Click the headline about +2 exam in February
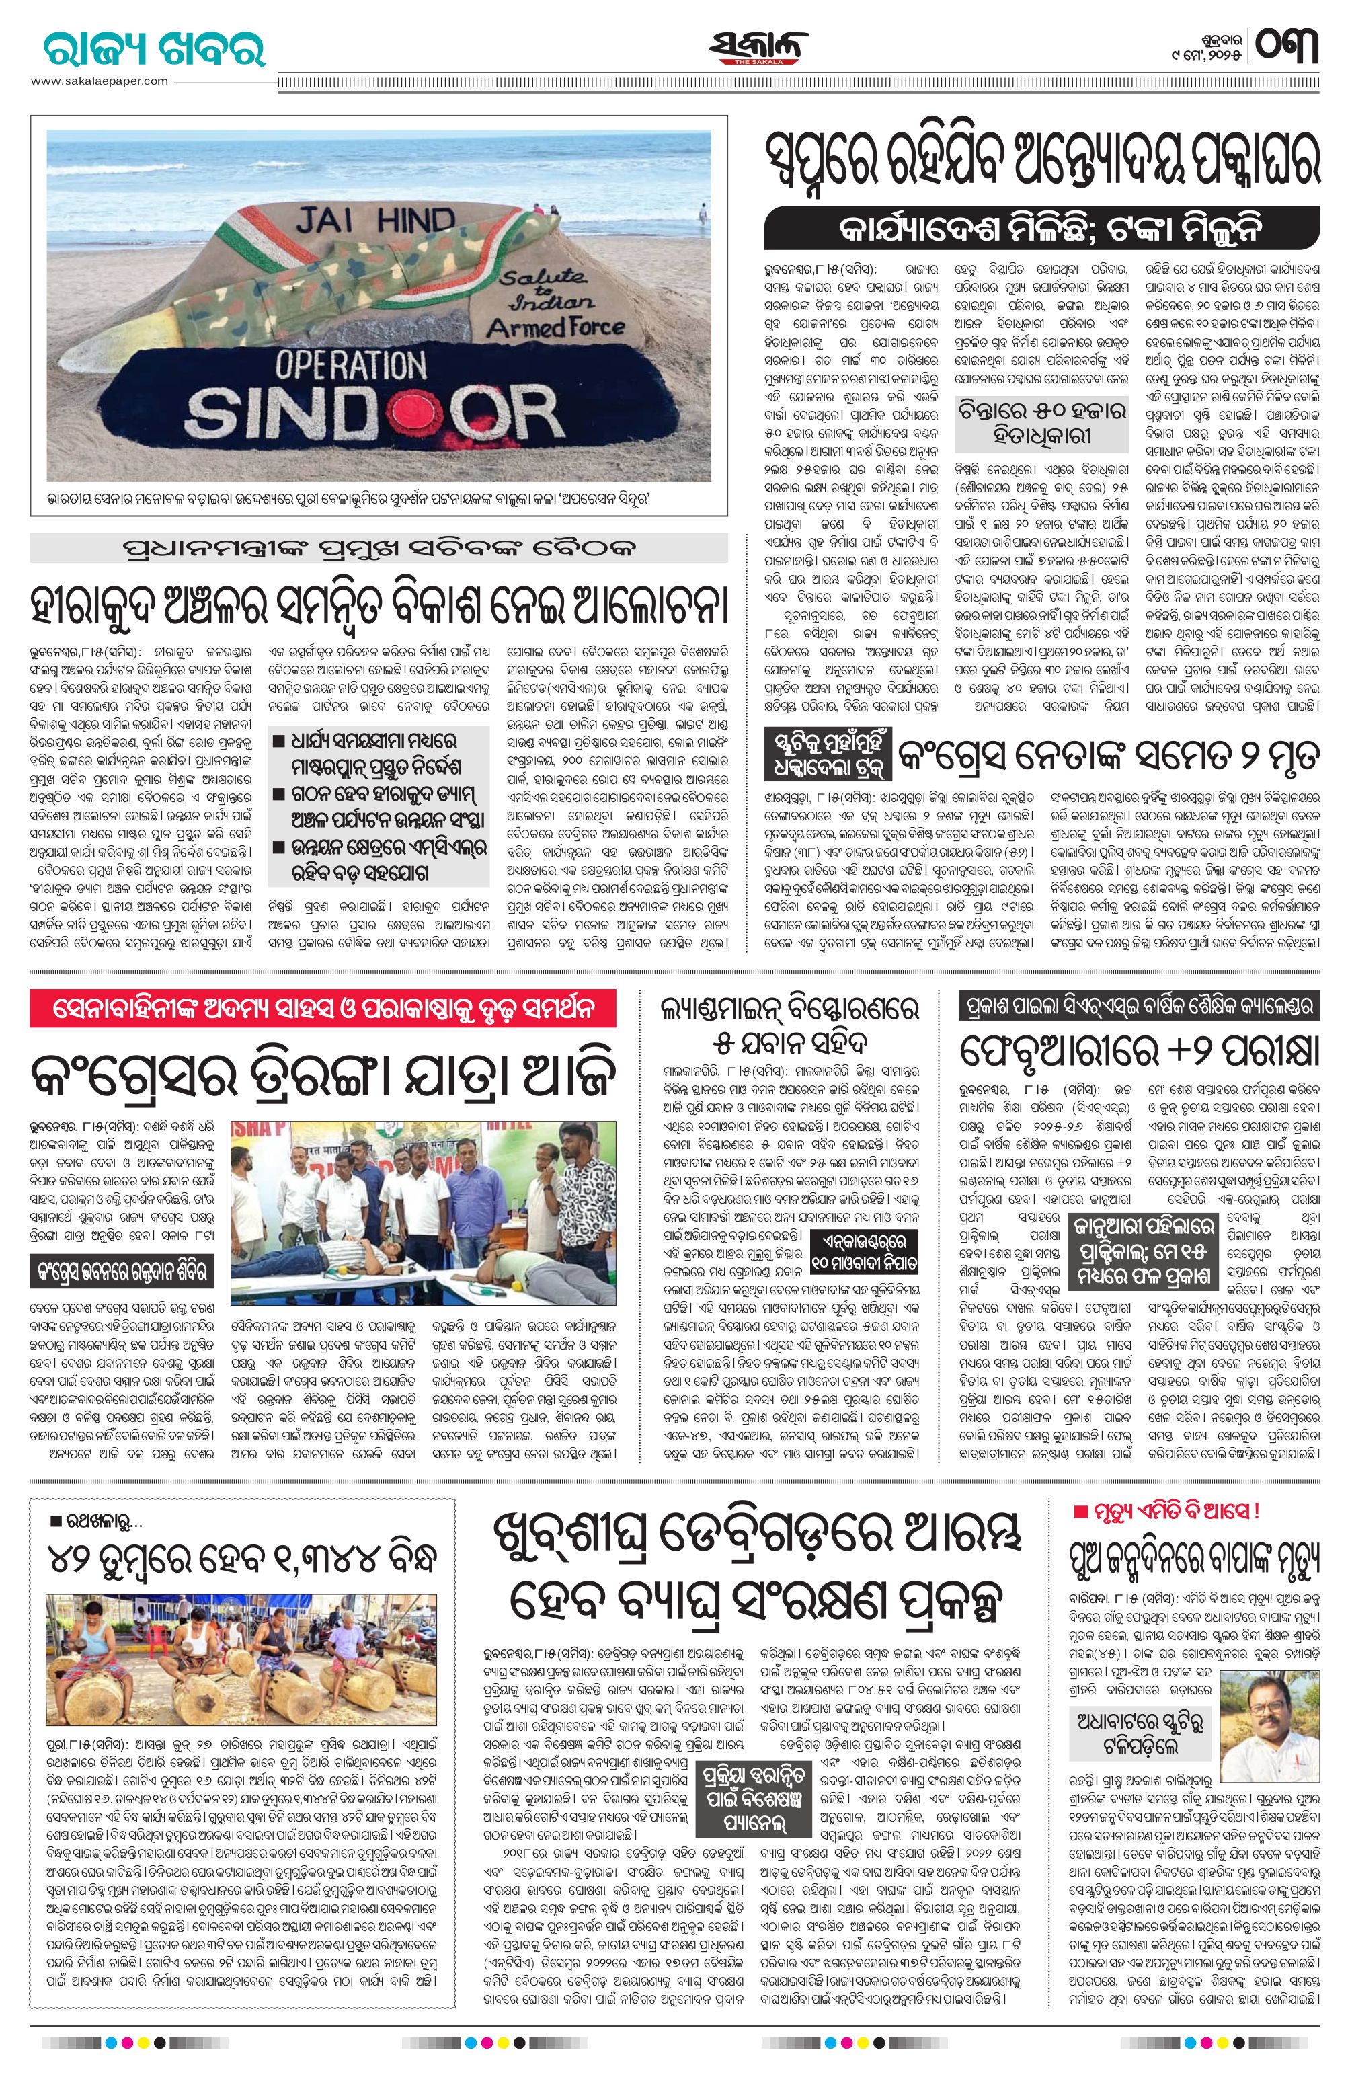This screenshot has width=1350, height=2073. click(1139, 1052)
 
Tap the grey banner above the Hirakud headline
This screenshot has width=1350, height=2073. click(378, 548)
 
